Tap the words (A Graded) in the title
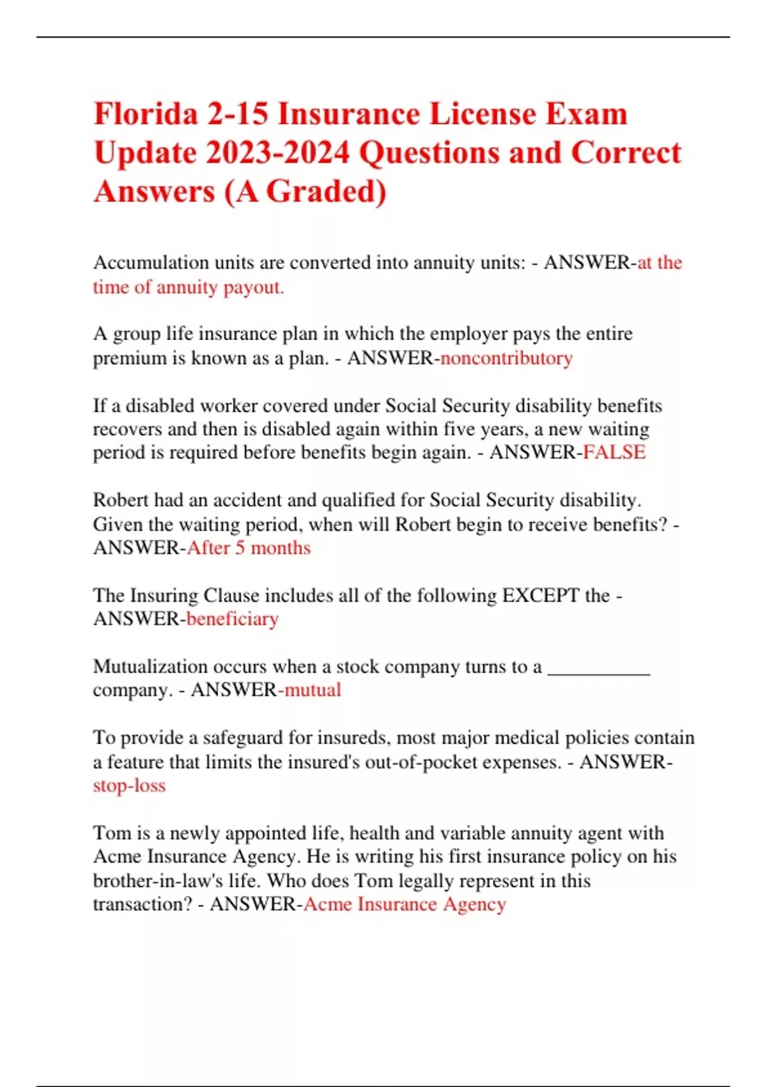305,192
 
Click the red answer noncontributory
506,358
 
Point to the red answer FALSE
614,453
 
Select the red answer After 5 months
249,548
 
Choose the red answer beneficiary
233,619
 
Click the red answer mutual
313,690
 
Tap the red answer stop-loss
129,785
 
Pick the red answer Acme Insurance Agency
405,904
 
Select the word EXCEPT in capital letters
540,596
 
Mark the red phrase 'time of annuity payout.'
189,287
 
